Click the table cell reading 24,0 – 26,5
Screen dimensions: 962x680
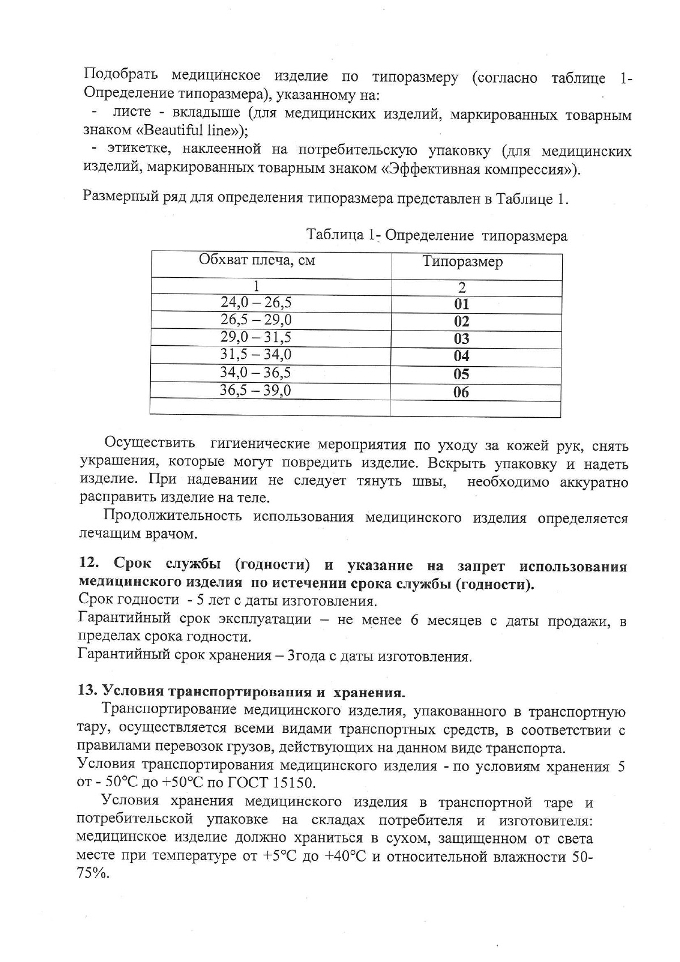tap(256, 302)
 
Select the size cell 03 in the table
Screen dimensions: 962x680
tap(462, 339)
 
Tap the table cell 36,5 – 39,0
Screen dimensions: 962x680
tap(256, 391)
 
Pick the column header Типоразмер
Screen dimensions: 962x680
tap(462, 262)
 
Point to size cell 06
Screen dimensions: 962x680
tap(462, 392)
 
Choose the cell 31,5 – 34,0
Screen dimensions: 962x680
tap(256, 355)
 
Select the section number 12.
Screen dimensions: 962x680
tap(89, 565)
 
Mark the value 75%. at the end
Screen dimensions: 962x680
tap(92, 874)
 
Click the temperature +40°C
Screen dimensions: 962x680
tap(345, 856)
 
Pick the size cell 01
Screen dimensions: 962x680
tap(462, 304)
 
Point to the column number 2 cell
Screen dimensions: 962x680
tap(462, 287)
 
